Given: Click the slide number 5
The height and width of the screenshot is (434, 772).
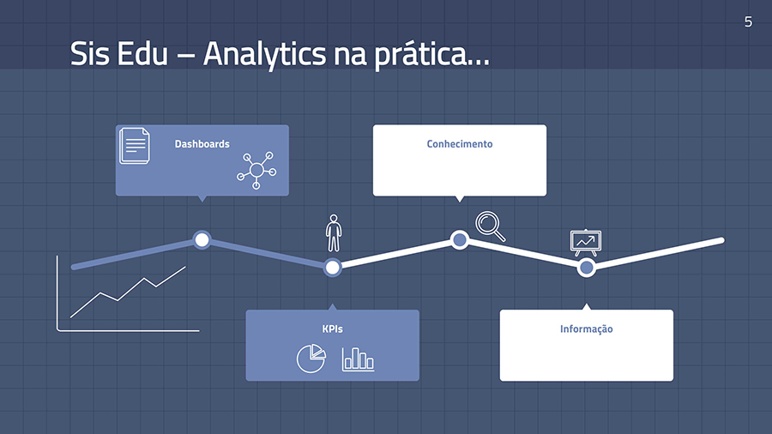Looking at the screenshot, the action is point(748,22).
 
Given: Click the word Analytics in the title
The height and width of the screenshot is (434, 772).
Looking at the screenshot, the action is point(264,55).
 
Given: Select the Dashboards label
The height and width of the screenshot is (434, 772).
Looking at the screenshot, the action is point(202,144).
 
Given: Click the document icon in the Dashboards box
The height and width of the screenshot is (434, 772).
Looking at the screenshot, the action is point(135,146).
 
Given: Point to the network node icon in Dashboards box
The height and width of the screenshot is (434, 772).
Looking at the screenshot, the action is point(256,170).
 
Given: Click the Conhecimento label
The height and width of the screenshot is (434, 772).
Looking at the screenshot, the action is point(460,144).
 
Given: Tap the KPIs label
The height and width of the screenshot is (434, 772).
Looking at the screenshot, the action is point(332,329).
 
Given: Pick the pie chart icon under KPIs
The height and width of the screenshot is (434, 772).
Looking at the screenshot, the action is point(311,359).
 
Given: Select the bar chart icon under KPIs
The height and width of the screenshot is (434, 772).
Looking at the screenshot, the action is point(358,359).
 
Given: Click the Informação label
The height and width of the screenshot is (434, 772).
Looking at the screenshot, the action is point(587,329).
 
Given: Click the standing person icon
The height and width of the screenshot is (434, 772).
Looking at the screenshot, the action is point(334,232).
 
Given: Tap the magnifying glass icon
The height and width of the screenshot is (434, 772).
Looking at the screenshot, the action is point(491,226).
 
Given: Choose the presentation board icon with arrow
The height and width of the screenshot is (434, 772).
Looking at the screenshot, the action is point(586,243).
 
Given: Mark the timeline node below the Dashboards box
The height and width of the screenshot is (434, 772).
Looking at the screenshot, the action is point(202,240).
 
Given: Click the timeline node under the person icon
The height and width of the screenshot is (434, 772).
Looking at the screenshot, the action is point(332,268).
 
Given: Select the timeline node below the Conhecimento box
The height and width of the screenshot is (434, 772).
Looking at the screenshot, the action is point(460,240).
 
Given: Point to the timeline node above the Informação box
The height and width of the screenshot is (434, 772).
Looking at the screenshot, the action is point(587,268).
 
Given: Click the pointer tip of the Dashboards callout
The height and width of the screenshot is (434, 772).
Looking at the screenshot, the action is point(202,202).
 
